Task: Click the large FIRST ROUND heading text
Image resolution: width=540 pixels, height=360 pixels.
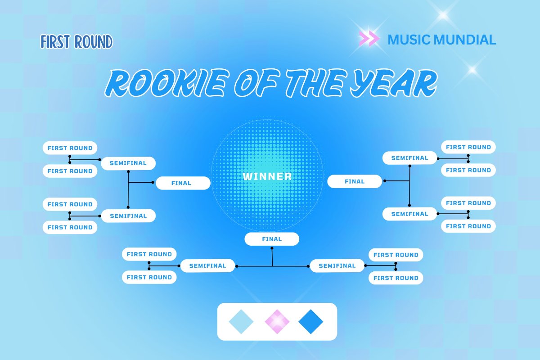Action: click(x=76, y=42)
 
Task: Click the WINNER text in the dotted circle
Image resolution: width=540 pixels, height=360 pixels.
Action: click(x=267, y=176)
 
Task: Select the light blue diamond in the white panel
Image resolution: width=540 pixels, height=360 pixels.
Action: click(x=241, y=322)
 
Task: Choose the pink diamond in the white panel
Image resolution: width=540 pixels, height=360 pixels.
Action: click(x=277, y=322)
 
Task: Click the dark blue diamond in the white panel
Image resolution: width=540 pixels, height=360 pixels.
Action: click(x=311, y=322)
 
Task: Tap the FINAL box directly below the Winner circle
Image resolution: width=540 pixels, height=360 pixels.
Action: click(x=272, y=239)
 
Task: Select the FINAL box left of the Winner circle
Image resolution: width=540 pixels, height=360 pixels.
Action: click(x=183, y=183)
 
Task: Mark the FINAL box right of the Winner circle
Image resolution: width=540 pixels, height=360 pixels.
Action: click(x=355, y=181)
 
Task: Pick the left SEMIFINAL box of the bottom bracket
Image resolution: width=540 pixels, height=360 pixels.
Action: click(x=207, y=265)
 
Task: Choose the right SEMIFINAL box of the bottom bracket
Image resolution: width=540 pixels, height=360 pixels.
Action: click(x=337, y=265)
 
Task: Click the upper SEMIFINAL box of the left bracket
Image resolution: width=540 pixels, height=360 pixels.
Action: click(x=128, y=163)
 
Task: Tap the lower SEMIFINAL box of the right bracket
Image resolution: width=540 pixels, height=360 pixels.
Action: click(x=409, y=214)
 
